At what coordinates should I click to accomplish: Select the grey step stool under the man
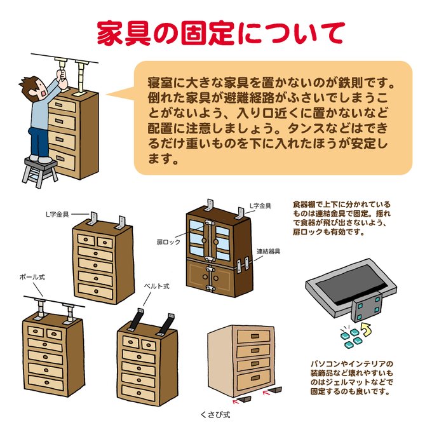tap(39, 171)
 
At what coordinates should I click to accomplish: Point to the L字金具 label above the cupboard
tap(260, 206)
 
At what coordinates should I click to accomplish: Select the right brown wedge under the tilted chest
tap(275, 387)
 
